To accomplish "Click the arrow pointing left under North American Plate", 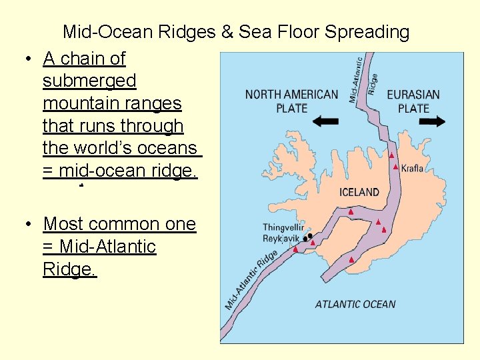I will coord(325,121).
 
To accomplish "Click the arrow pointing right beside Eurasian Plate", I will coord(432,121).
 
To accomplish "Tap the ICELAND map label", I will coord(359,192).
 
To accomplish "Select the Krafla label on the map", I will coord(412,168).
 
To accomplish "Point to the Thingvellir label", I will coord(283,228).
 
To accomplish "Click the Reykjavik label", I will coord(281,239).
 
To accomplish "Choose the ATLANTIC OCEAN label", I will coord(355,304).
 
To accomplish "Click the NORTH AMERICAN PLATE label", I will coord(291,101).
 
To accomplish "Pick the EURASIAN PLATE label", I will coord(413,101).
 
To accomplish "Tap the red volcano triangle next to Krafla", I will coord(396,167).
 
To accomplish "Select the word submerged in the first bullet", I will coord(89,81).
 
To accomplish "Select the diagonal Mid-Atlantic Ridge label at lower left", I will coord(251,280).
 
